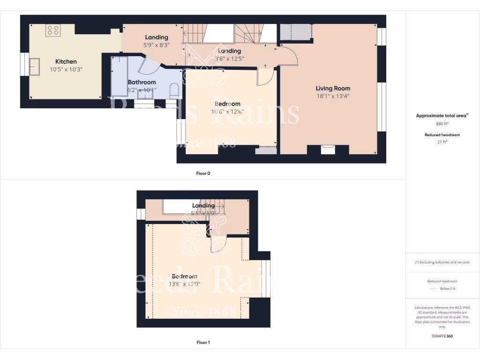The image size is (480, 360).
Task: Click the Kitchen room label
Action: [x=66, y=61]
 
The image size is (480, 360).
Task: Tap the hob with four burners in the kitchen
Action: [x=52, y=30]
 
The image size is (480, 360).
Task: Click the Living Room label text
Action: [x=333, y=88]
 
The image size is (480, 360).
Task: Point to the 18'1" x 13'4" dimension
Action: [x=333, y=96]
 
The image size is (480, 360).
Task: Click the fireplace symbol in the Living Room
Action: [x=328, y=149]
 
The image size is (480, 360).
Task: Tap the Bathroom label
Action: [x=142, y=82]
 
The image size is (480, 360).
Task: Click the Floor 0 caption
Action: [x=203, y=173]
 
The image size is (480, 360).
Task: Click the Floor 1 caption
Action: [x=203, y=342]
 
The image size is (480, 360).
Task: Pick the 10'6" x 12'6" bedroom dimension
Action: [x=227, y=112]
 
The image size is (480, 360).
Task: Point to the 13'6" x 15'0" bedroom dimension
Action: [x=184, y=284]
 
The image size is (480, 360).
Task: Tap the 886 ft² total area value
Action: [x=442, y=124]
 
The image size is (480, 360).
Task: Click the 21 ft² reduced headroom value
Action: [x=442, y=142]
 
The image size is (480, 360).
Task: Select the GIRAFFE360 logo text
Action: [x=442, y=336]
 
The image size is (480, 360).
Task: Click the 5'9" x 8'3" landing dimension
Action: [x=157, y=45]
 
